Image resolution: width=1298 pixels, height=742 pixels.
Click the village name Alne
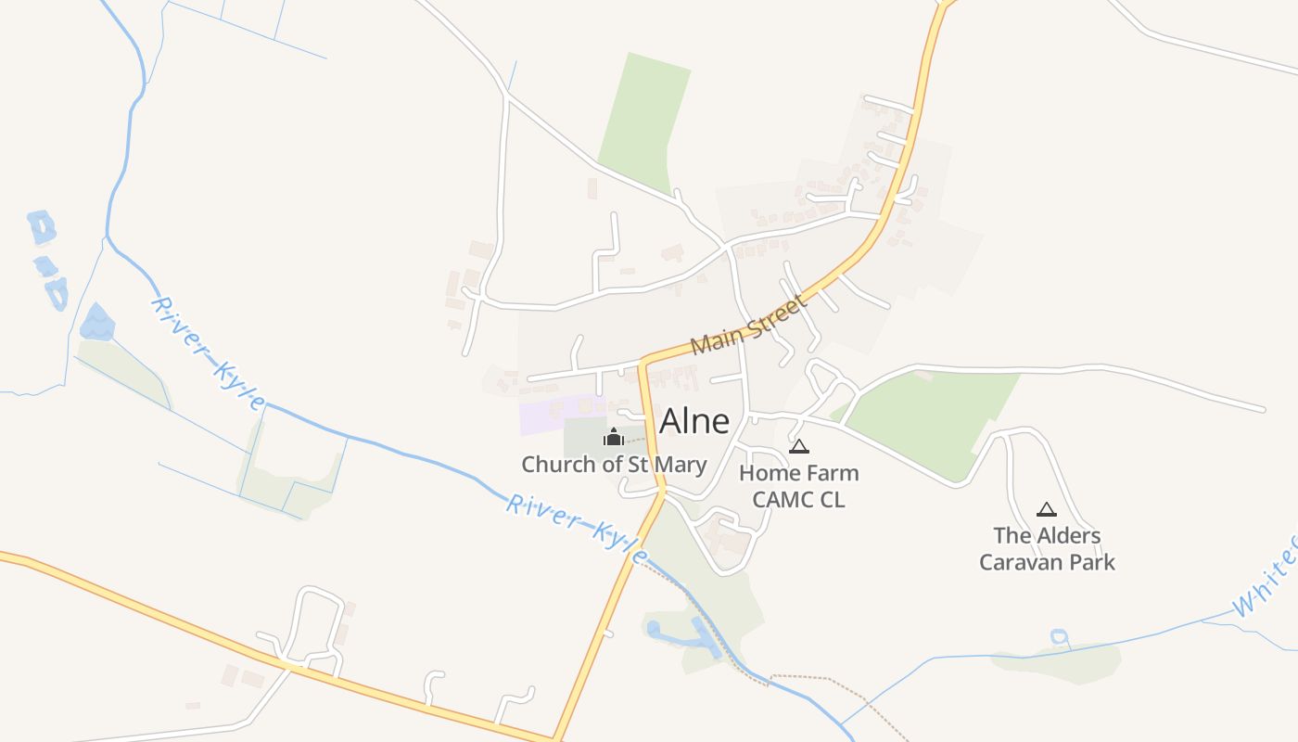pos(694,421)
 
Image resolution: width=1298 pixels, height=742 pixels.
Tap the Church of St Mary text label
pos(614,465)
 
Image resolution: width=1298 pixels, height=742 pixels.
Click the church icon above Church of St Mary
pos(613,437)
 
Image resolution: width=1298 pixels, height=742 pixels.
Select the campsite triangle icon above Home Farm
pos(798,447)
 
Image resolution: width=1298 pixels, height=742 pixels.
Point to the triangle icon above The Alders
pos(1047,509)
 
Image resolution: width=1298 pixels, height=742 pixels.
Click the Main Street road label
pos(748,325)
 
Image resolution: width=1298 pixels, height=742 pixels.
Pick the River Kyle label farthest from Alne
pos(208,354)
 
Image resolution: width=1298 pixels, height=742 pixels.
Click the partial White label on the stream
pos(1266,575)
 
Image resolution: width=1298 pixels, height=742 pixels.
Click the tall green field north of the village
pos(645,121)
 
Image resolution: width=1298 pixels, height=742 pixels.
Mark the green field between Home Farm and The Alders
pos(932,417)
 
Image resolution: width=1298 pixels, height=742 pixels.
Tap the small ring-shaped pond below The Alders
pos(1059,637)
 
